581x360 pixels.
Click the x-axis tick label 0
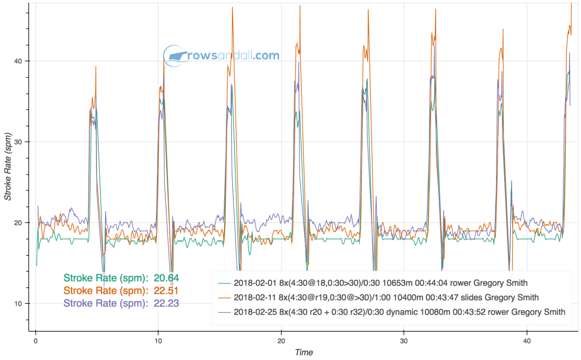pyautogui.click(x=36, y=341)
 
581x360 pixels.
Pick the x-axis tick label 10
pyautogui.click(x=158, y=341)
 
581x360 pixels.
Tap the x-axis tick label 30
pyautogui.click(x=404, y=341)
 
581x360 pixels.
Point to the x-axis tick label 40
pyautogui.click(x=527, y=341)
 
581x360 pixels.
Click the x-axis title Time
pyautogui.click(x=304, y=352)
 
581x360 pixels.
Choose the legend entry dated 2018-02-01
pyautogui.click(x=380, y=282)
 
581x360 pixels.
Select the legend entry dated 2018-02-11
pyautogui.click(x=386, y=297)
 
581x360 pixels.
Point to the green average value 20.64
pyautogui.click(x=166, y=278)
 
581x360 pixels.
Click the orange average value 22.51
pyautogui.click(x=166, y=291)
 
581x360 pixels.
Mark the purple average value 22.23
pyautogui.click(x=166, y=303)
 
